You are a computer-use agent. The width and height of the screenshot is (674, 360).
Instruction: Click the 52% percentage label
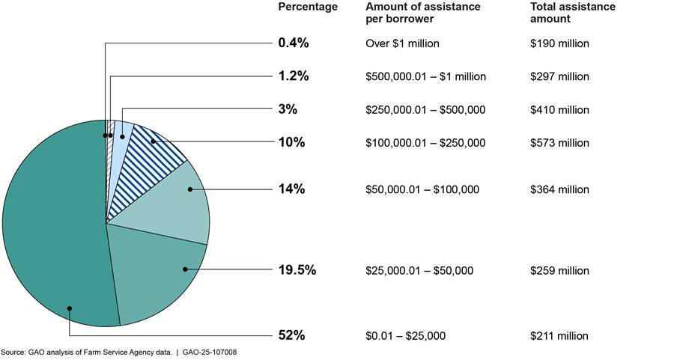tap(291, 335)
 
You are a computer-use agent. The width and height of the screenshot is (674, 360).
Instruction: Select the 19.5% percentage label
tap(297, 270)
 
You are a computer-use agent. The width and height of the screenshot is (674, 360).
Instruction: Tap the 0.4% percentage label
tap(293, 43)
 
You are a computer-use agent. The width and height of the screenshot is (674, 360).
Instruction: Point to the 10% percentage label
tap(291, 142)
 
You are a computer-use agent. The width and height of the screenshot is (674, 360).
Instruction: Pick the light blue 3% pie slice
tap(123, 131)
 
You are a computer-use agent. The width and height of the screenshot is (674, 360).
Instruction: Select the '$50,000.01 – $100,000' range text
tap(422, 189)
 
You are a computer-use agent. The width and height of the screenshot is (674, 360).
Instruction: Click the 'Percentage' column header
tap(308, 7)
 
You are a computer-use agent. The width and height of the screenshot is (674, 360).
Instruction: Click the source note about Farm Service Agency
tap(124, 352)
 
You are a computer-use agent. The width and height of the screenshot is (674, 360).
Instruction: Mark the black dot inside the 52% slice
tap(70, 308)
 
